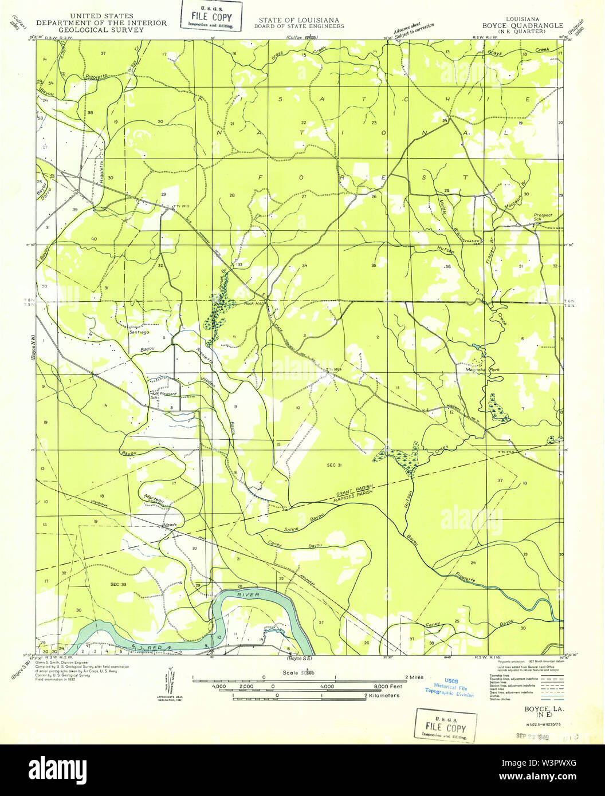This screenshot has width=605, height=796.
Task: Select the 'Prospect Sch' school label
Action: [x=543, y=218]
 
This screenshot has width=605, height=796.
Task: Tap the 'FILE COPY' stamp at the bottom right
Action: [x=445, y=724]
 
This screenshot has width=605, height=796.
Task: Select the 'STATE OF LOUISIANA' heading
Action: [x=298, y=20]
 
